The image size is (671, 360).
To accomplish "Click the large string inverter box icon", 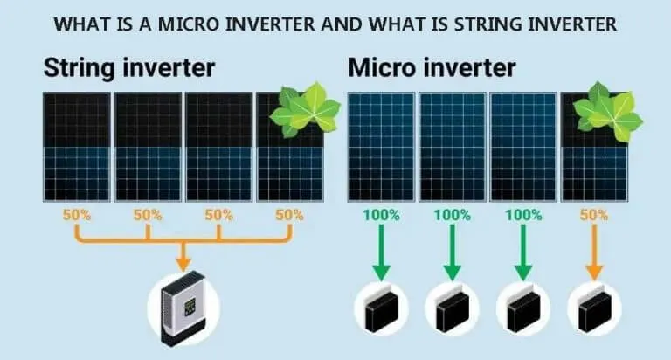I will [x=183, y=307].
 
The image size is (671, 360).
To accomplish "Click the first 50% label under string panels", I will [x=76, y=214].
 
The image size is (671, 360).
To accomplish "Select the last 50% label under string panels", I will [x=290, y=214].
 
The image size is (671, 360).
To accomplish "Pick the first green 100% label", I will [x=380, y=214].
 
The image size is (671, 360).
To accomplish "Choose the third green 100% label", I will [x=523, y=214].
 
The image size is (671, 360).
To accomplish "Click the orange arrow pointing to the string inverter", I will [x=183, y=255].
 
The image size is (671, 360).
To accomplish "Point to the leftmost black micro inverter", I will [x=380, y=310].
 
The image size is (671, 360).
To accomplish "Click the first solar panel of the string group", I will [x=76, y=146].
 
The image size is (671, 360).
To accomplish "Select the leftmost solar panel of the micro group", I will [x=380, y=146].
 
